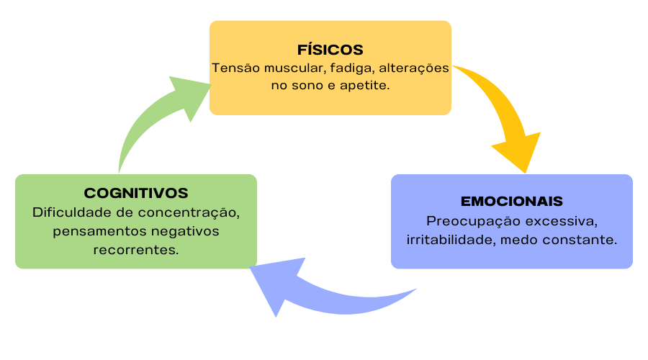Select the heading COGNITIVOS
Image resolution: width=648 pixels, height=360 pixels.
pos(136,193)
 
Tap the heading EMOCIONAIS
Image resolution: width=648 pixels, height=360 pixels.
pos(511,201)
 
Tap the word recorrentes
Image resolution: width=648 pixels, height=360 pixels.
pos(136,250)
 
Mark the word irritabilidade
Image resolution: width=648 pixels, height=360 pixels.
pos(447,239)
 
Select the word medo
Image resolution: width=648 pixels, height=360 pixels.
pos(515,239)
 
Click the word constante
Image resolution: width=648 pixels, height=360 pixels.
pos(580,239)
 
